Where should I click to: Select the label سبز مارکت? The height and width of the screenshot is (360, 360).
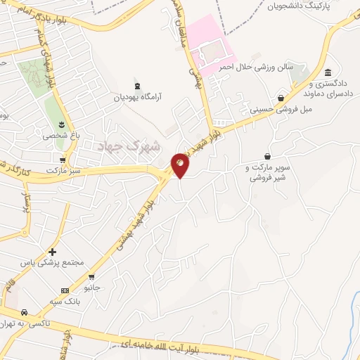65,171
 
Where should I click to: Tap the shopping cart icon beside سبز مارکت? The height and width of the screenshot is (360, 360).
64,160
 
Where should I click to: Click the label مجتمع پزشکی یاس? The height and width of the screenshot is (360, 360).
53,263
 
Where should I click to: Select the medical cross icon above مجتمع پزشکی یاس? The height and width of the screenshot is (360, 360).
52,251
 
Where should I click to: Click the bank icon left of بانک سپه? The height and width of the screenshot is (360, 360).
65,290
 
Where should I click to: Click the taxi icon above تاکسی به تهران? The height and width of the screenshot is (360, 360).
24,311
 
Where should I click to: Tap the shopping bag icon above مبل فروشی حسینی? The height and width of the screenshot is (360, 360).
281,98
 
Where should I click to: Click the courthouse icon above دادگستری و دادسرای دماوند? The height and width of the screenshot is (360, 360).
328,73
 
